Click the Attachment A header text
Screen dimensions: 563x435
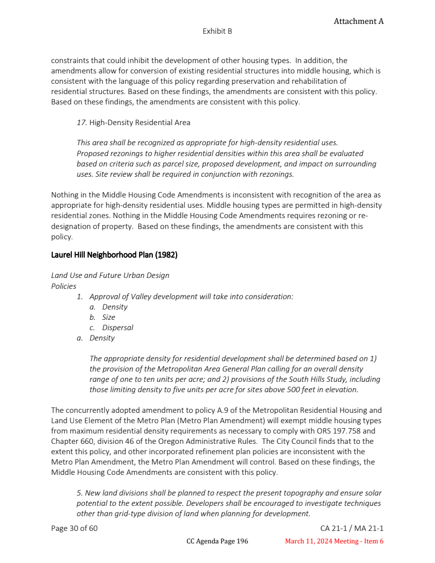[358, 21]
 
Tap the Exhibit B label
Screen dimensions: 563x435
[217, 32]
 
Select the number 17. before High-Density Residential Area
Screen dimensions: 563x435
[82, 122]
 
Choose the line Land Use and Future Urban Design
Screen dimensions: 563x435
[110, 275]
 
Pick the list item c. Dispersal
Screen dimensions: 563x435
[111, 327]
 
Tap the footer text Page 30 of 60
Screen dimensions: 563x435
[74, 528]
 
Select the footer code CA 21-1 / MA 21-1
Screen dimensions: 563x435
[352, 528]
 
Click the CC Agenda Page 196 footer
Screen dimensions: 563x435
[217, 541]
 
